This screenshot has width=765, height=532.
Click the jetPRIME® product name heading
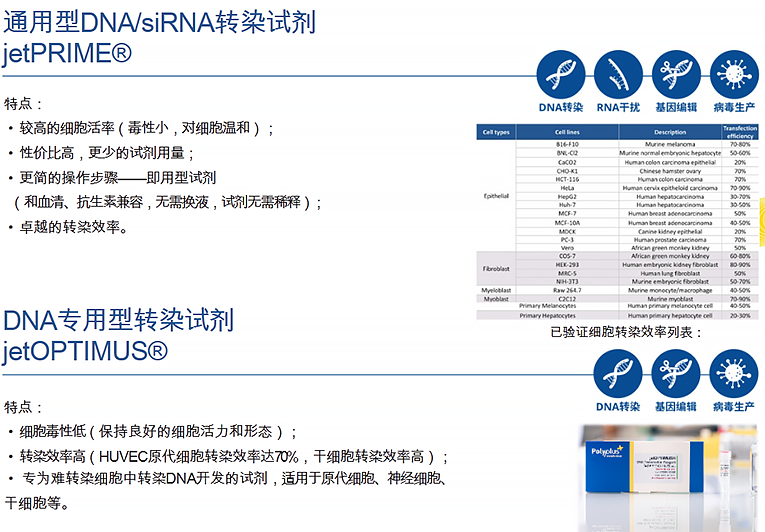(67, 52)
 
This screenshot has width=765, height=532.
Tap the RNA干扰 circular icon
(618, 74)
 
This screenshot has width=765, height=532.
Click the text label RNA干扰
(618, 107)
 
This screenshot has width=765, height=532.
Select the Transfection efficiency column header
(741, 131)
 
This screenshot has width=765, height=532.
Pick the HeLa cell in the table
(567, 187)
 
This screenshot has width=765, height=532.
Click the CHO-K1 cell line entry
(567, 170)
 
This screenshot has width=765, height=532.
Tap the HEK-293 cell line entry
(567, 264)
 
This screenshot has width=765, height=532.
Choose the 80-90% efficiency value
(741, 264)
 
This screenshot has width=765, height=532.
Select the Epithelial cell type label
(496, 196)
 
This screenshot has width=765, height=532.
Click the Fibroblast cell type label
(496, 268)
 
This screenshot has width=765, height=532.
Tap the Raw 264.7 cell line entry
(567, 290)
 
